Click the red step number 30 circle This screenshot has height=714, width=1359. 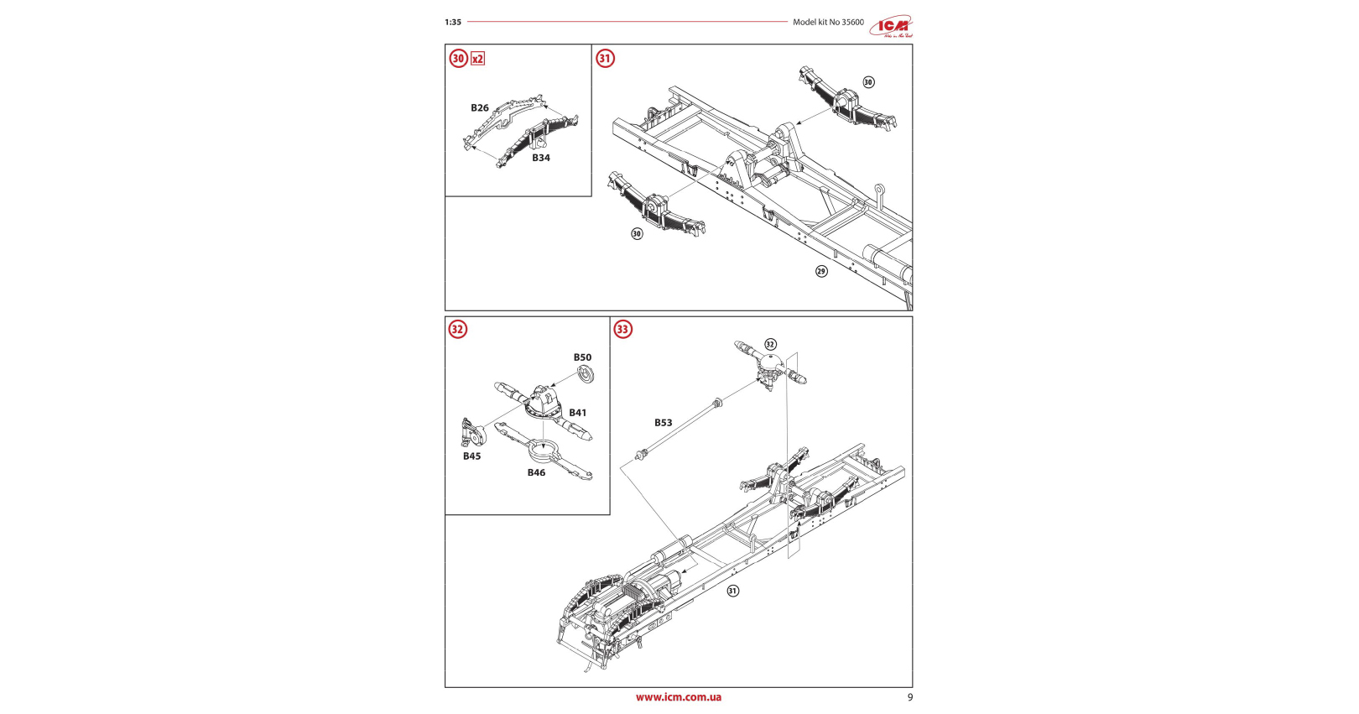click(x=458, y=58)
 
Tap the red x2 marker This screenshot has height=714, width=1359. click(x=477, y=59)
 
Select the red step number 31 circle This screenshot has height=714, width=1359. click(x=605, y=58)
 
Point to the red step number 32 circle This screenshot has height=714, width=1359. click(x=457, y=329)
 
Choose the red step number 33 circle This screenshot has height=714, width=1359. click(x=622, y=329)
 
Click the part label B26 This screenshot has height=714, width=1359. click(x=479, y=107)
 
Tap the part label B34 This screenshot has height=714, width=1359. click(x=540, y=158)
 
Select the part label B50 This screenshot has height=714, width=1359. click(x=582, y=357)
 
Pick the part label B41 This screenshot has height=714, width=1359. click(x=577, y=413)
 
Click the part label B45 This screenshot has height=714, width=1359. click(x=471, y=456)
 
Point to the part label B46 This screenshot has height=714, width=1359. click(x=536, y=472)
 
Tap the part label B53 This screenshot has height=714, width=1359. click(x=663, y=423)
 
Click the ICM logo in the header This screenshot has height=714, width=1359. click(x=890, y=27)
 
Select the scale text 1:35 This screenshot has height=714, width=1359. click(x=453, y=23)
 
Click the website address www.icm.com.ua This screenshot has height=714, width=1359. click(x=678, y=697)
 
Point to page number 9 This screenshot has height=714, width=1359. click(x=910, y=697)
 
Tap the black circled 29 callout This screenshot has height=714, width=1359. click(x=821, y=271)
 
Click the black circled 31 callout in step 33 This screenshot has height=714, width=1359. click(x=732, y=591)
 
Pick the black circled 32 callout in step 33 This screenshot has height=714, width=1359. click(x=770, y=344)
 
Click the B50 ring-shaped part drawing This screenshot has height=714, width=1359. click(x=586, y=374)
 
